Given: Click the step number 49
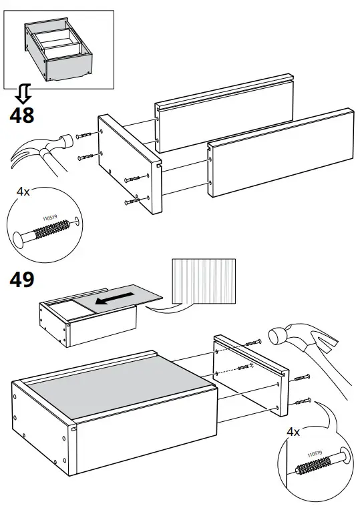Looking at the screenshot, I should pyautogui.click(x=22, y=280).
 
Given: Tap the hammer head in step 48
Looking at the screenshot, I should pyautogui.click(x=64, y=143).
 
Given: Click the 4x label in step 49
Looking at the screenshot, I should pyautogui.click(x=293, y=432).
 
